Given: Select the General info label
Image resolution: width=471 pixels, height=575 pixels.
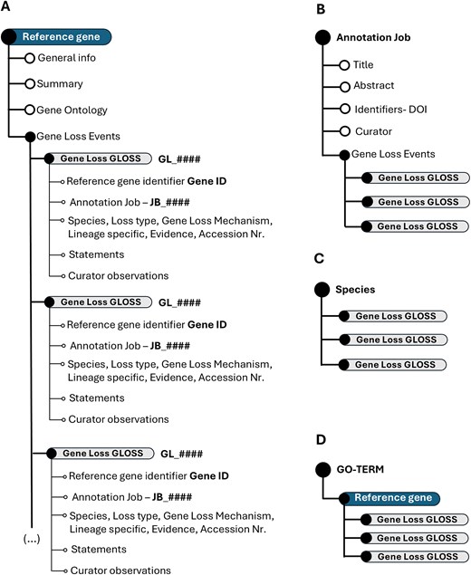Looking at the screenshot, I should pos(67,58).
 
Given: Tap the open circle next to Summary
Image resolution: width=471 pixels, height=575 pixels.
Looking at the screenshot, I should pos(30,83).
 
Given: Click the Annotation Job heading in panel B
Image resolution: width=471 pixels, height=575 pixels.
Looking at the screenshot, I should pos(371,40).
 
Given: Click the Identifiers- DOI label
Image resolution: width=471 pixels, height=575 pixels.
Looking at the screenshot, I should pos(397,110).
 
